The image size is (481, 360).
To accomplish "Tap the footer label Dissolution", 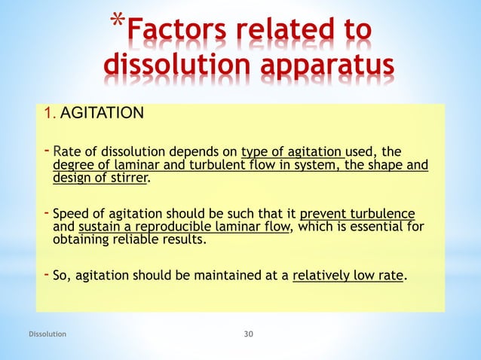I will [47, 332].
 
